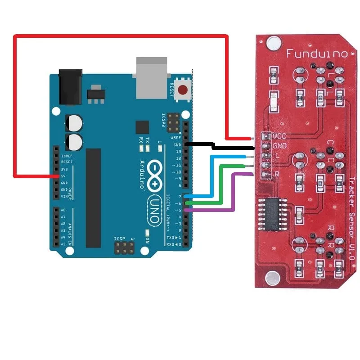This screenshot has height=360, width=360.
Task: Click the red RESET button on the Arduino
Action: coord(183,90)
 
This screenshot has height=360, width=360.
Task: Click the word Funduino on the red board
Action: coord(317,54)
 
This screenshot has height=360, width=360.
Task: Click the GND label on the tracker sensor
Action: coord(279,145)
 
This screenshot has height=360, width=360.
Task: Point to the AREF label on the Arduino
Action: coord(176,138)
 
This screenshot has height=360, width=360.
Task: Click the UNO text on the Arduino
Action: coord(153,210)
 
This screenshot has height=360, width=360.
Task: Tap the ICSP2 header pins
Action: coord(173,120)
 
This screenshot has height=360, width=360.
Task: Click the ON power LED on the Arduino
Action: coord(147,234)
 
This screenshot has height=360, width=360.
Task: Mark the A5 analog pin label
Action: coord(63,243)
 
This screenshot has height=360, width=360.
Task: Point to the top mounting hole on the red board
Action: coord(272,44)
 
